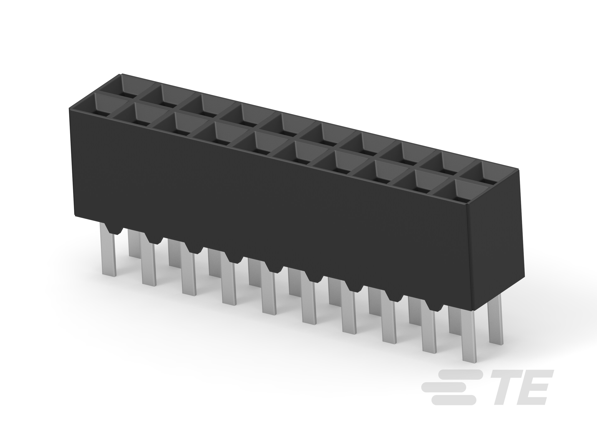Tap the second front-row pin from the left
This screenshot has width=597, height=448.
149,262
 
